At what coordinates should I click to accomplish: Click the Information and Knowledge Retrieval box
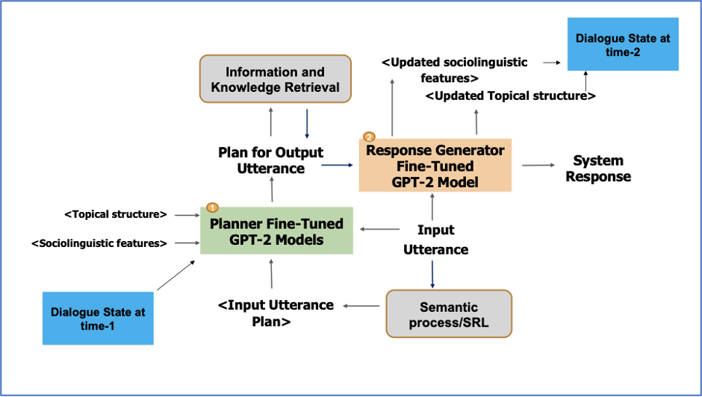275,80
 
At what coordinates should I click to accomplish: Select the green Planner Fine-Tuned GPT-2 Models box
276,231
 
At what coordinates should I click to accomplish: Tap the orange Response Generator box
435,165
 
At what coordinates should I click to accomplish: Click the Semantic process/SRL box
448,314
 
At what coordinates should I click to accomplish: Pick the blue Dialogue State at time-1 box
98,319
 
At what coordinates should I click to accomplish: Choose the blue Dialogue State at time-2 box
623,44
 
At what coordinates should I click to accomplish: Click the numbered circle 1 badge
211,207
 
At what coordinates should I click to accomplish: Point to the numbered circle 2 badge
368,137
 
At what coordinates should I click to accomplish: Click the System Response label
598,169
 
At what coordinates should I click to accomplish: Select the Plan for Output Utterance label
270,160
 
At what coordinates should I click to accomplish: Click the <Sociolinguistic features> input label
99,243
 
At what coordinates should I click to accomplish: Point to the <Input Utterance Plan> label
276,313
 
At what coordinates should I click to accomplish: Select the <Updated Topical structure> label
510,96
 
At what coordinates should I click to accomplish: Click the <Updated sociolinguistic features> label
454,69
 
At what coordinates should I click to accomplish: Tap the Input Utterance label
435,240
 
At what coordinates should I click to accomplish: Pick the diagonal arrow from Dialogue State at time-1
178,273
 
